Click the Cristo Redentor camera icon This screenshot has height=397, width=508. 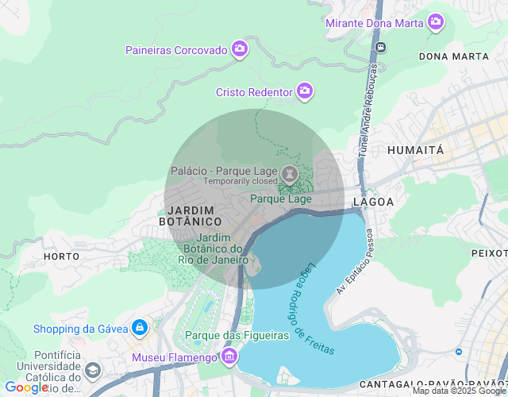pos(304,92)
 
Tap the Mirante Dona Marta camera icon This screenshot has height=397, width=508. pos(435,22)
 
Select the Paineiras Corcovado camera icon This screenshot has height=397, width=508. pos(240,50)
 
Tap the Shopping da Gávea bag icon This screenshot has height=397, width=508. pos(140,328)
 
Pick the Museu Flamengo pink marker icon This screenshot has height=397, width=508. pos(230,357)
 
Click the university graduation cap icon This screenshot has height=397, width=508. pos(93,371)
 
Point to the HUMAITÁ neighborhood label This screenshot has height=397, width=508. pos(415,149)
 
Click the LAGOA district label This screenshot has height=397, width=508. pos(373,202)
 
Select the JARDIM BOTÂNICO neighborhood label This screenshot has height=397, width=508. pos(190,215)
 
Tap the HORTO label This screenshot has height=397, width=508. pos(61,256)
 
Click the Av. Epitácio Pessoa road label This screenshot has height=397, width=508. pos(355,261)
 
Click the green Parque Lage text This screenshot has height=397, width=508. pos(281,198)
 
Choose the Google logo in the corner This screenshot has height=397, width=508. pos(25,387)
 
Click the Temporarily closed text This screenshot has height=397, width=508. pos(241,181)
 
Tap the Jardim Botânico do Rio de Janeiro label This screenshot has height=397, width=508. pos(213,249)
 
